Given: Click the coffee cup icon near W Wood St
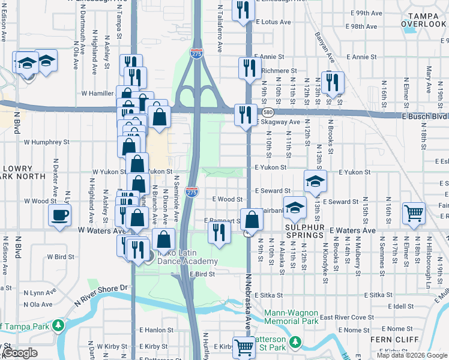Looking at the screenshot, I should [x=60, y=215].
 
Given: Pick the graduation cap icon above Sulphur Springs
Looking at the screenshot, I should [x=295, y=208].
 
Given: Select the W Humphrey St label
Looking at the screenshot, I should [x=47, y=143].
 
